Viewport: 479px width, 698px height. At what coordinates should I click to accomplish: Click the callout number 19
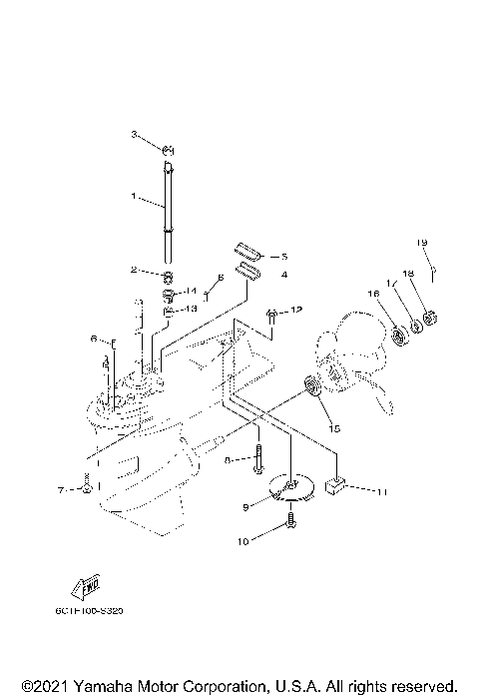(421, 271)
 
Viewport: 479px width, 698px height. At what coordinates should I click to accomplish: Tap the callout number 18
(407, 301)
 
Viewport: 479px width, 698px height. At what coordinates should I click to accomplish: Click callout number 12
(296, 312)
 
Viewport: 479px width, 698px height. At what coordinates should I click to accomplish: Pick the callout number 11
(381, 491)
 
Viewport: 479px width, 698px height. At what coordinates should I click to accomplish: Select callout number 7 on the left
(59, 489)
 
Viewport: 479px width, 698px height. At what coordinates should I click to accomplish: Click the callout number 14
(193, 291)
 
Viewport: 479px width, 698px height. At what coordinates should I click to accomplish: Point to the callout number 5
(283, 256)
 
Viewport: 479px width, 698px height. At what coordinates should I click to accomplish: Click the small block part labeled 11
(336, 486)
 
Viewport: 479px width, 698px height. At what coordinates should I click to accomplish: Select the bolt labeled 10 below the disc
(290, 519)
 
